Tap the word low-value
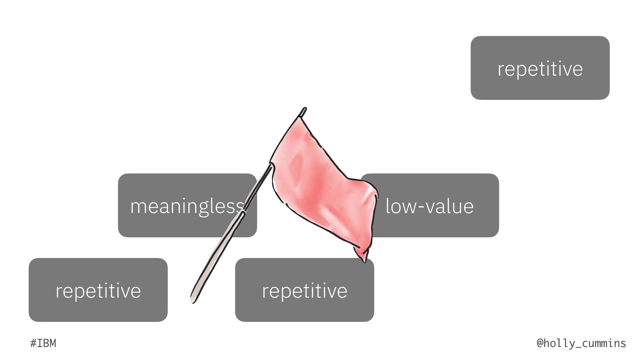pos(429,206)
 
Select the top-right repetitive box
pos(540,68)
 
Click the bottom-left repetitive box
pos(98,290)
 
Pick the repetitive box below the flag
pos(304,290)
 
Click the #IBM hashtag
pos(43,343)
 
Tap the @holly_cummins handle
pos(581,343)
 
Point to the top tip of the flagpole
pos(304,109)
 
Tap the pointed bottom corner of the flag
pos(365,261)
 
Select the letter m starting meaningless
pos(138,207)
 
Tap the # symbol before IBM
pos(33,343)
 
